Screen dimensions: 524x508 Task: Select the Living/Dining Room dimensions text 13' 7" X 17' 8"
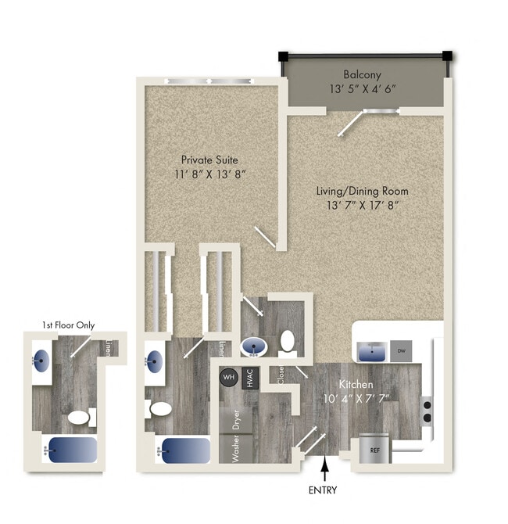pyautogui.click(x=362, y=205)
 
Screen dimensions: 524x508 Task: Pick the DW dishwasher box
pyautogui.click(x=402, y=351)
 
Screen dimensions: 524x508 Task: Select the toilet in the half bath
pyautogui.click(x=287, y=341)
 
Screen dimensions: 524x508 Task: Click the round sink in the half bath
pyautogui.click(x=254, y=346)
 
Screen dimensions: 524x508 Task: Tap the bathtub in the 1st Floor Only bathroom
pyautogui.click(x=71, y=450)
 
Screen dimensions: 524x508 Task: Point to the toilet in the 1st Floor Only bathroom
pyautogui.click(x=78, y=417)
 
